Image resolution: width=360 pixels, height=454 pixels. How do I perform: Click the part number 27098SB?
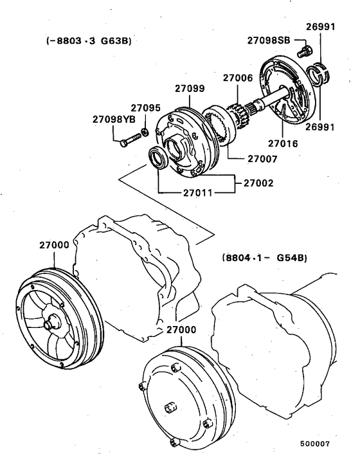tap(269, 40)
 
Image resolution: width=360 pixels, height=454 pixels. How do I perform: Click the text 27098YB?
tap(113, 119)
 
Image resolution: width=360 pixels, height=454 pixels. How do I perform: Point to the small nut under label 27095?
tap(146, 132)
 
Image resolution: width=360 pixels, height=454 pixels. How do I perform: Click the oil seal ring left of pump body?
tap(157, 158)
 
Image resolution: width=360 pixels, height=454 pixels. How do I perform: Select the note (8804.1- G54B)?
tap(264, 258)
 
